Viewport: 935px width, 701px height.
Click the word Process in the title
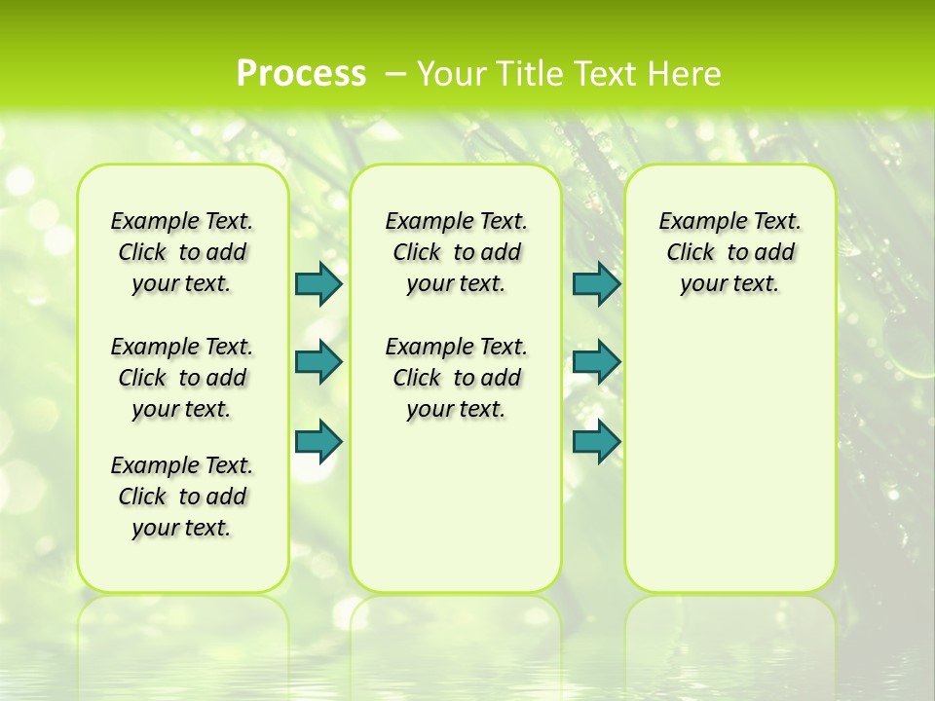(x=301, y=74)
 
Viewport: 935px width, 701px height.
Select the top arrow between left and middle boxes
(x=318, y=283)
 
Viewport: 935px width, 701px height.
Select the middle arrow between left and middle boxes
(x=318, y=362)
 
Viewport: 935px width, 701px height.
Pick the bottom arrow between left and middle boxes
(x=318, y=441)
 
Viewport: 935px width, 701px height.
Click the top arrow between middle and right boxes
(x=596, y=283)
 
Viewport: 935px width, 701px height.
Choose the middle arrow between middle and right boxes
(x=596, y=362)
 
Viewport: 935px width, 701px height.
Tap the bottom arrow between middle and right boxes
(x=596, y=441)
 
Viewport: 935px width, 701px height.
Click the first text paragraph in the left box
(x=182, y=252)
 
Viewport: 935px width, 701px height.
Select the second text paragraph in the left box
(x=182, y=378)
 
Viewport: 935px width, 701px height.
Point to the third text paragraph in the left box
(x=182, y=497)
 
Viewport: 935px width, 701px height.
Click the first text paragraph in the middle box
(x=456, y=252)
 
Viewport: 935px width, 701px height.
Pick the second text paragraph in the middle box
(x=456, y=378)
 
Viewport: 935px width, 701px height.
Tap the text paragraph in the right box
(x=729, y=252)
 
